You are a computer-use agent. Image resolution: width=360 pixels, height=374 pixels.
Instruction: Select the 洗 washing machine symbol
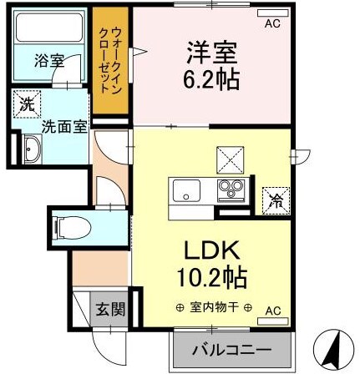(27, 105)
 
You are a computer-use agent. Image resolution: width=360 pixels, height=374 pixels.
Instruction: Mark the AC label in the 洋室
(271, 24)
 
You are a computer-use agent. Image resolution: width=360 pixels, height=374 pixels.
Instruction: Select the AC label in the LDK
(272, 311)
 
